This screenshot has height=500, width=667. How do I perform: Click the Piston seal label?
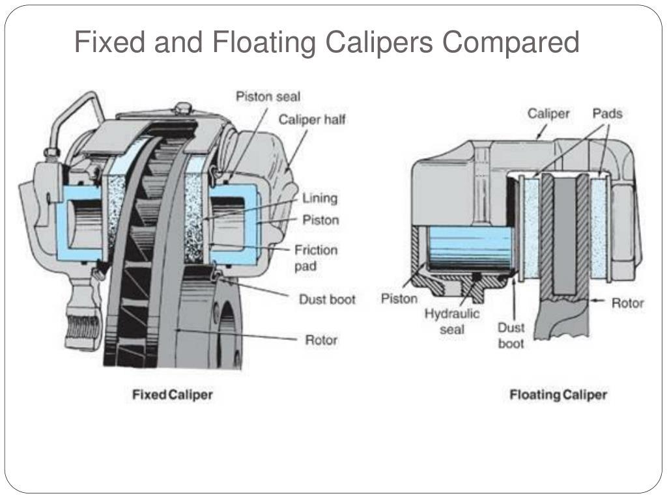pos(268,96)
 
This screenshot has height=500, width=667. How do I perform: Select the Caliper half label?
pos(312,119)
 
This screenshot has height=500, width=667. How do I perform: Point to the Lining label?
pos(320,198)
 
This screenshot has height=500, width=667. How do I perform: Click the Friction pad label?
pos(316,258)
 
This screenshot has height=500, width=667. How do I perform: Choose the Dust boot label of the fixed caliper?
pos(327,299)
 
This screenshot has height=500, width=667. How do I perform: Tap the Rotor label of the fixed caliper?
pos(322,339)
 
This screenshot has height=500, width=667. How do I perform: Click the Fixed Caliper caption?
pos(173,395)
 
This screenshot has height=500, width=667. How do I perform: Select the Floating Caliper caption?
pos(558,395)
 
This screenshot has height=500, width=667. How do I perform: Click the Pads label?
pos(607,114)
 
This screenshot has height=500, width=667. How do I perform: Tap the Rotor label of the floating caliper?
pos(627,303)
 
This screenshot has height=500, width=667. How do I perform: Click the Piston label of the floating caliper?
pos(399,299)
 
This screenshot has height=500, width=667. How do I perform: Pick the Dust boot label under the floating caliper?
pos(511,335)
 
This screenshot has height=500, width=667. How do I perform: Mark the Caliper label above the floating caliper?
pos(548,114)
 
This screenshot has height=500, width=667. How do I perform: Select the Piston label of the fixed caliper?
pos(320,220)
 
